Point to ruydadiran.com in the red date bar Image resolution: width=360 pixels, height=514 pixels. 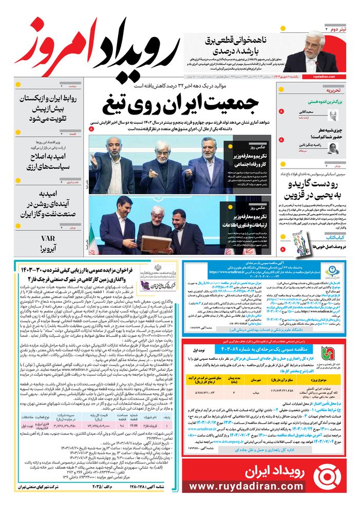(x=323, y=76)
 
